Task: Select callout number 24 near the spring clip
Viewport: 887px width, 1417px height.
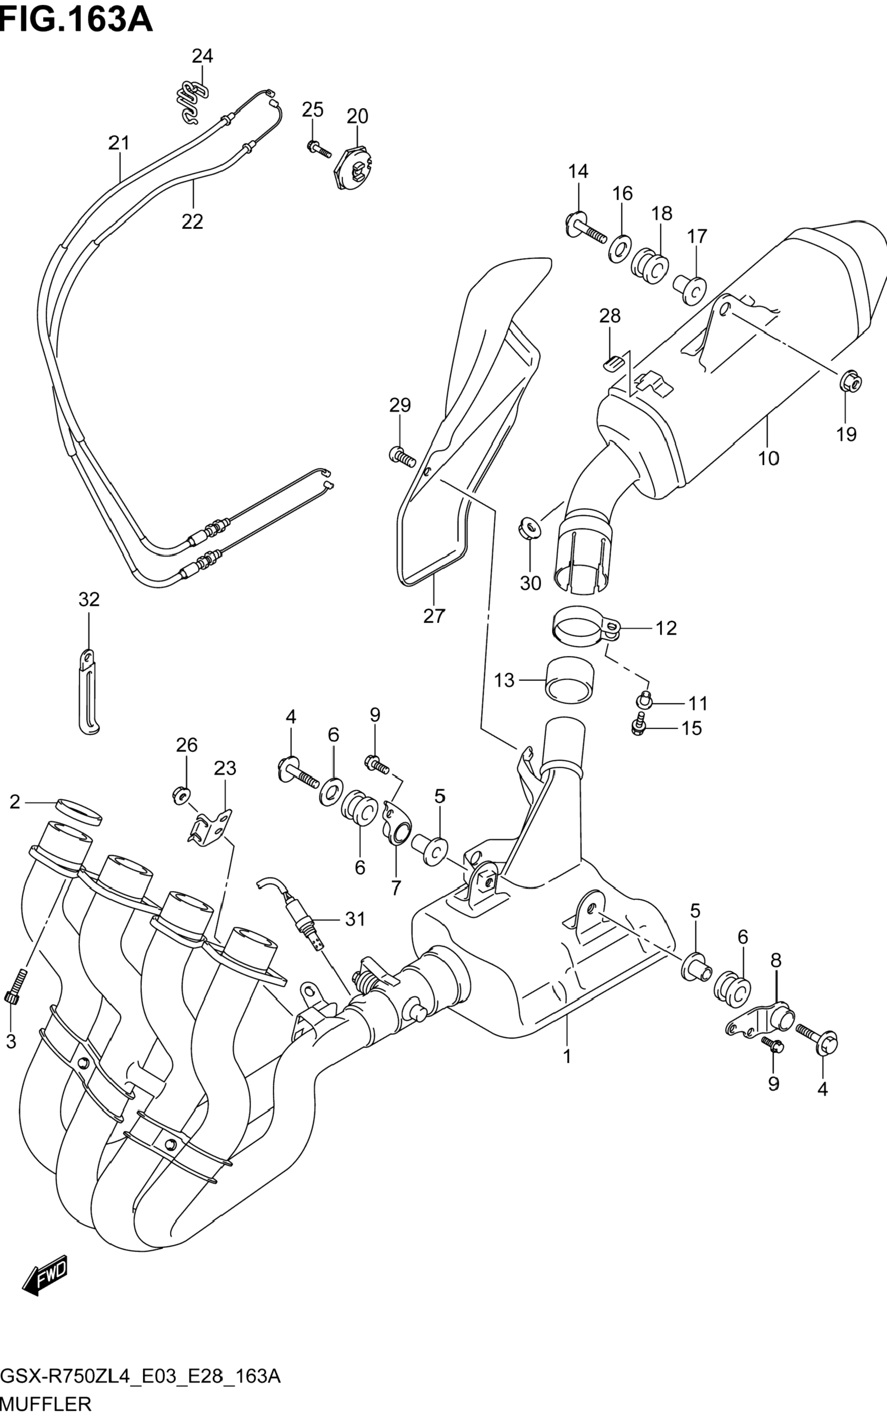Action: click(202, 56)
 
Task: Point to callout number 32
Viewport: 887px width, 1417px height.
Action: click(89, 599)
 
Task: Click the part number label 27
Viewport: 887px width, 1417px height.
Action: click(434, 616)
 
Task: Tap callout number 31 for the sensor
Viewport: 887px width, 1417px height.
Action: click(355, 919)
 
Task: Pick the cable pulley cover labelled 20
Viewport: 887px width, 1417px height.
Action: click(354, 168)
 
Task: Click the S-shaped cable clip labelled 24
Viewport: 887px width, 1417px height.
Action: click(192, 100)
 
